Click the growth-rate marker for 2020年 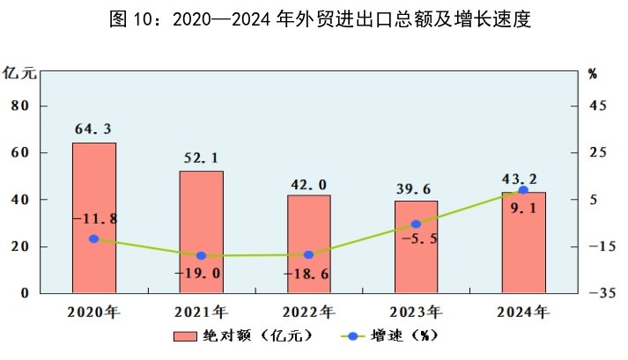(x=93, y=239)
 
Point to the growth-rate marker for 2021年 (x=201, y=255)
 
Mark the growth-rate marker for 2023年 (x=416, y=224)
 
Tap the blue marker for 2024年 (x=523, y=190)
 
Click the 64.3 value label (x=93, y=129)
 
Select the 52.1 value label (x=201, y=158)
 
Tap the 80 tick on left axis (x=20, y=106)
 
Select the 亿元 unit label (x=19, y=73)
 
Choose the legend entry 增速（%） (x=388, y=335)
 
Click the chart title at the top (x=320, y=20)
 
